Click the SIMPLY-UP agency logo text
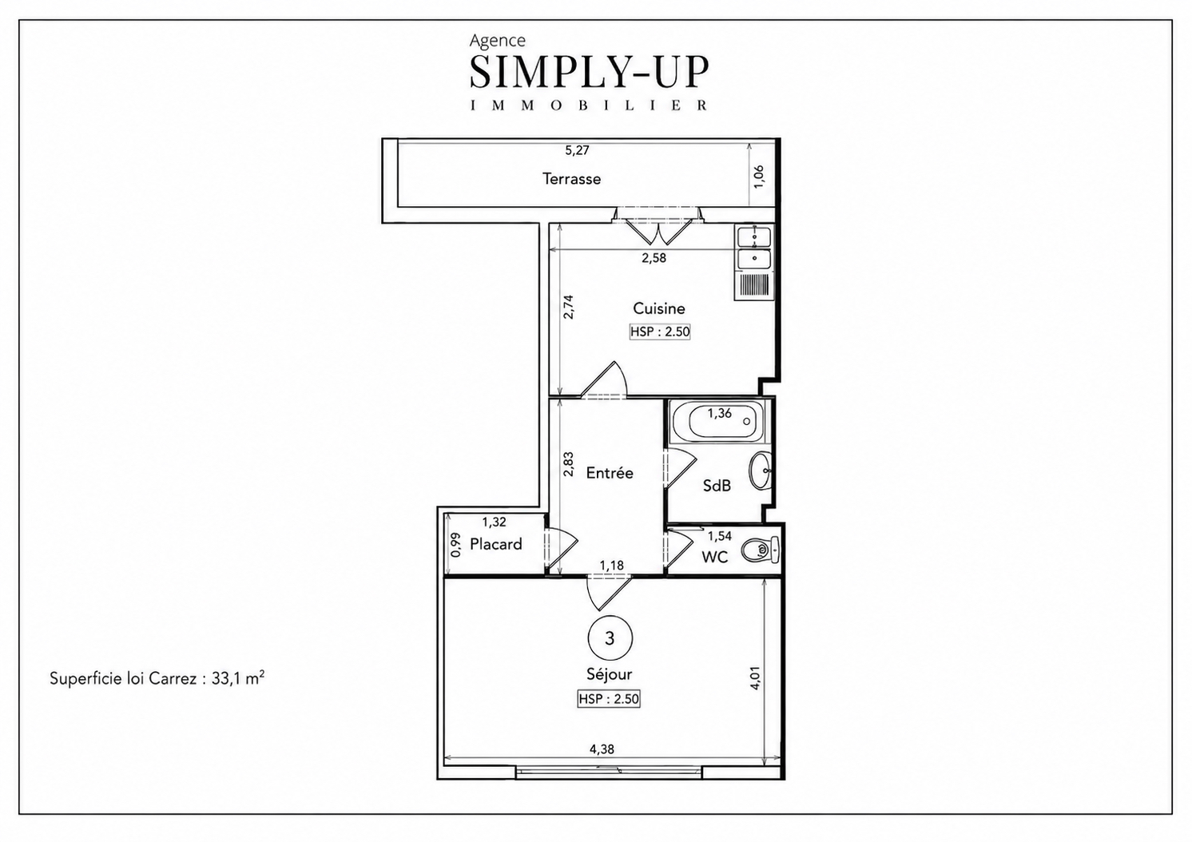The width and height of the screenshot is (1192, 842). (589, 71)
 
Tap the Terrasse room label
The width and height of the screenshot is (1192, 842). (571, 179)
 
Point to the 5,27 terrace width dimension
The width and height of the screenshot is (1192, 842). (577, 151)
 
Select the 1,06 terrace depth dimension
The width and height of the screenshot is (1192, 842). (759, 177)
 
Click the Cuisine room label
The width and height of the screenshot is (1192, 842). (659, 308)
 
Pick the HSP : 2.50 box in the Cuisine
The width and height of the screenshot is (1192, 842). (660, 332)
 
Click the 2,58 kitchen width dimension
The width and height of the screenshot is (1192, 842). (654, 258)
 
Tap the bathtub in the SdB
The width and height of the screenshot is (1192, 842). (719, 422)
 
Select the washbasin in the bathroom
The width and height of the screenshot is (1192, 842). (761, 471)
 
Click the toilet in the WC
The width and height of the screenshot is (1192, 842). (761, 550)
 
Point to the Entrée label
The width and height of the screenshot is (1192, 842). (610, 473)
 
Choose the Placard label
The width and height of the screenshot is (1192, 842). (495, 544)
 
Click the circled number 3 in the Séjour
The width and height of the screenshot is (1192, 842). (610, 638)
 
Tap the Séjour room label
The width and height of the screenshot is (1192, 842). (610, 673)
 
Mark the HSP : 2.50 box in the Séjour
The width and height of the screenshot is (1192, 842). (609, 699)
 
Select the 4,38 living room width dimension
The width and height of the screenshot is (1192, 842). (602, 749)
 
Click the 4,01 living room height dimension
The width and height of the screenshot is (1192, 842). (756, 678)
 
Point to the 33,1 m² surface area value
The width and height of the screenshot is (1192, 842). (238, 678)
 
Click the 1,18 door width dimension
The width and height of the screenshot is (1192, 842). (611, 566)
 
